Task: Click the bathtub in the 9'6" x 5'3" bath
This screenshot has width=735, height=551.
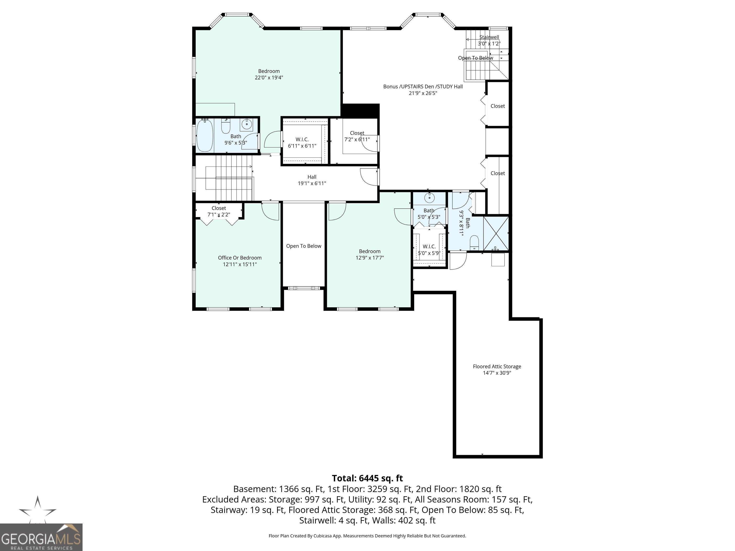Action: coord(205,136)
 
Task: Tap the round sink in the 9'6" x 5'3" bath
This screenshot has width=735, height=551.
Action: coord(246,124)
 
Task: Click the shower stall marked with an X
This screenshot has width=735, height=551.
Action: coord(496,233)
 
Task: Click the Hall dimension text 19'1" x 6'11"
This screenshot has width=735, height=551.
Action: coord(312,183)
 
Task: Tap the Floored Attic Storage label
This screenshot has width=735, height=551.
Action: coord(497,366)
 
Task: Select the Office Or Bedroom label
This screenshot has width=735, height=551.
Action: coord(239,258)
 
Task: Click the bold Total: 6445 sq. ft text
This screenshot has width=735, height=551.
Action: coord(367,478)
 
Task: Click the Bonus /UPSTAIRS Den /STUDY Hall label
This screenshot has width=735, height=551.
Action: coord(423,86)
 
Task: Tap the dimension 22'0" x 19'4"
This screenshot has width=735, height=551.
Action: coord(269,78)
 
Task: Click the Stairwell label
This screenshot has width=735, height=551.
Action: coord(489,37)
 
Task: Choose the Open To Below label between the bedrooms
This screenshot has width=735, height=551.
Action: coord(304,246)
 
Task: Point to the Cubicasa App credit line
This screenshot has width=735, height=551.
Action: coord(367,536)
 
